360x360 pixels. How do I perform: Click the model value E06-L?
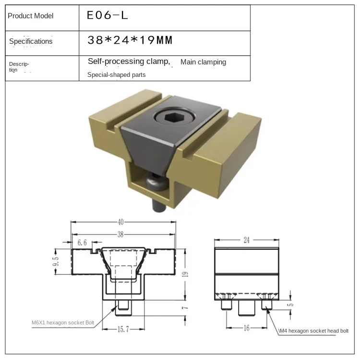(107, 15)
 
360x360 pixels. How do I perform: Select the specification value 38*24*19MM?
(130, 41)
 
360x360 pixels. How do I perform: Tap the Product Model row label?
(31, 16)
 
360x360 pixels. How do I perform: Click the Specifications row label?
(31, 41)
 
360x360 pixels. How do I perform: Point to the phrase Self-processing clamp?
(129, 62)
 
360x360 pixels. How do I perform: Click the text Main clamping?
(203, 62)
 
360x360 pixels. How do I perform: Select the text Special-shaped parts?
(116, 74)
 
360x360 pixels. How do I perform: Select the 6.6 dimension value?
(82, 243)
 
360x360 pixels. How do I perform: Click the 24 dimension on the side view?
(246, 240)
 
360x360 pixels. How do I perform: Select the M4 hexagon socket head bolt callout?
(313, 331)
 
